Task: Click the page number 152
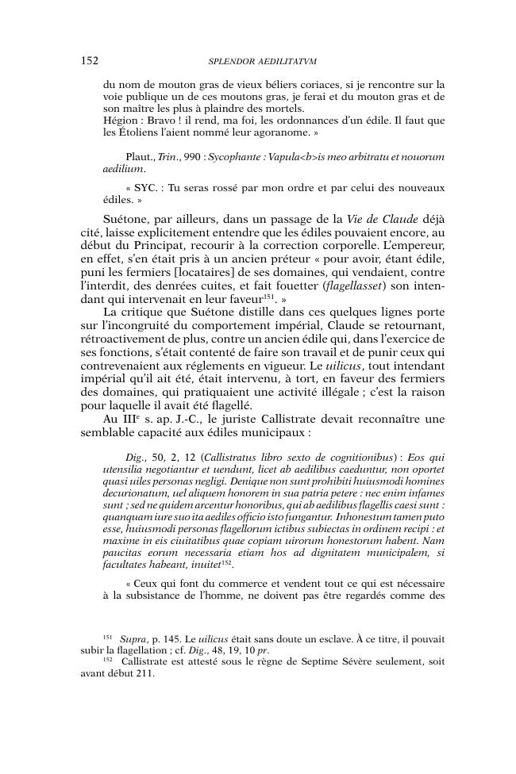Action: (x=89, y=60)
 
